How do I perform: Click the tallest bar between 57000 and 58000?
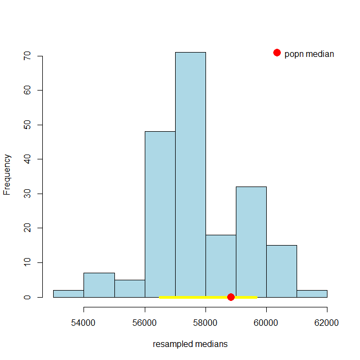coord(190,173)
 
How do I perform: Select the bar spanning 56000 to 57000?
coord(160,211)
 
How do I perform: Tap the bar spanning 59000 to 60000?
coord(251,239)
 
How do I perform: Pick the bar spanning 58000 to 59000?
coord(221,263)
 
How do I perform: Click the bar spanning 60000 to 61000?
coord(281,270)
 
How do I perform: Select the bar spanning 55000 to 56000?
coord(130,288)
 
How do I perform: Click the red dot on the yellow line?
coord(231,297)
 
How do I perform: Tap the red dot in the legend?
coord(277,53)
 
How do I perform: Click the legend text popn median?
coord(309,54)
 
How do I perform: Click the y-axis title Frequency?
coord(8,174)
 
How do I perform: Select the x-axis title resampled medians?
coord(190,344)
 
